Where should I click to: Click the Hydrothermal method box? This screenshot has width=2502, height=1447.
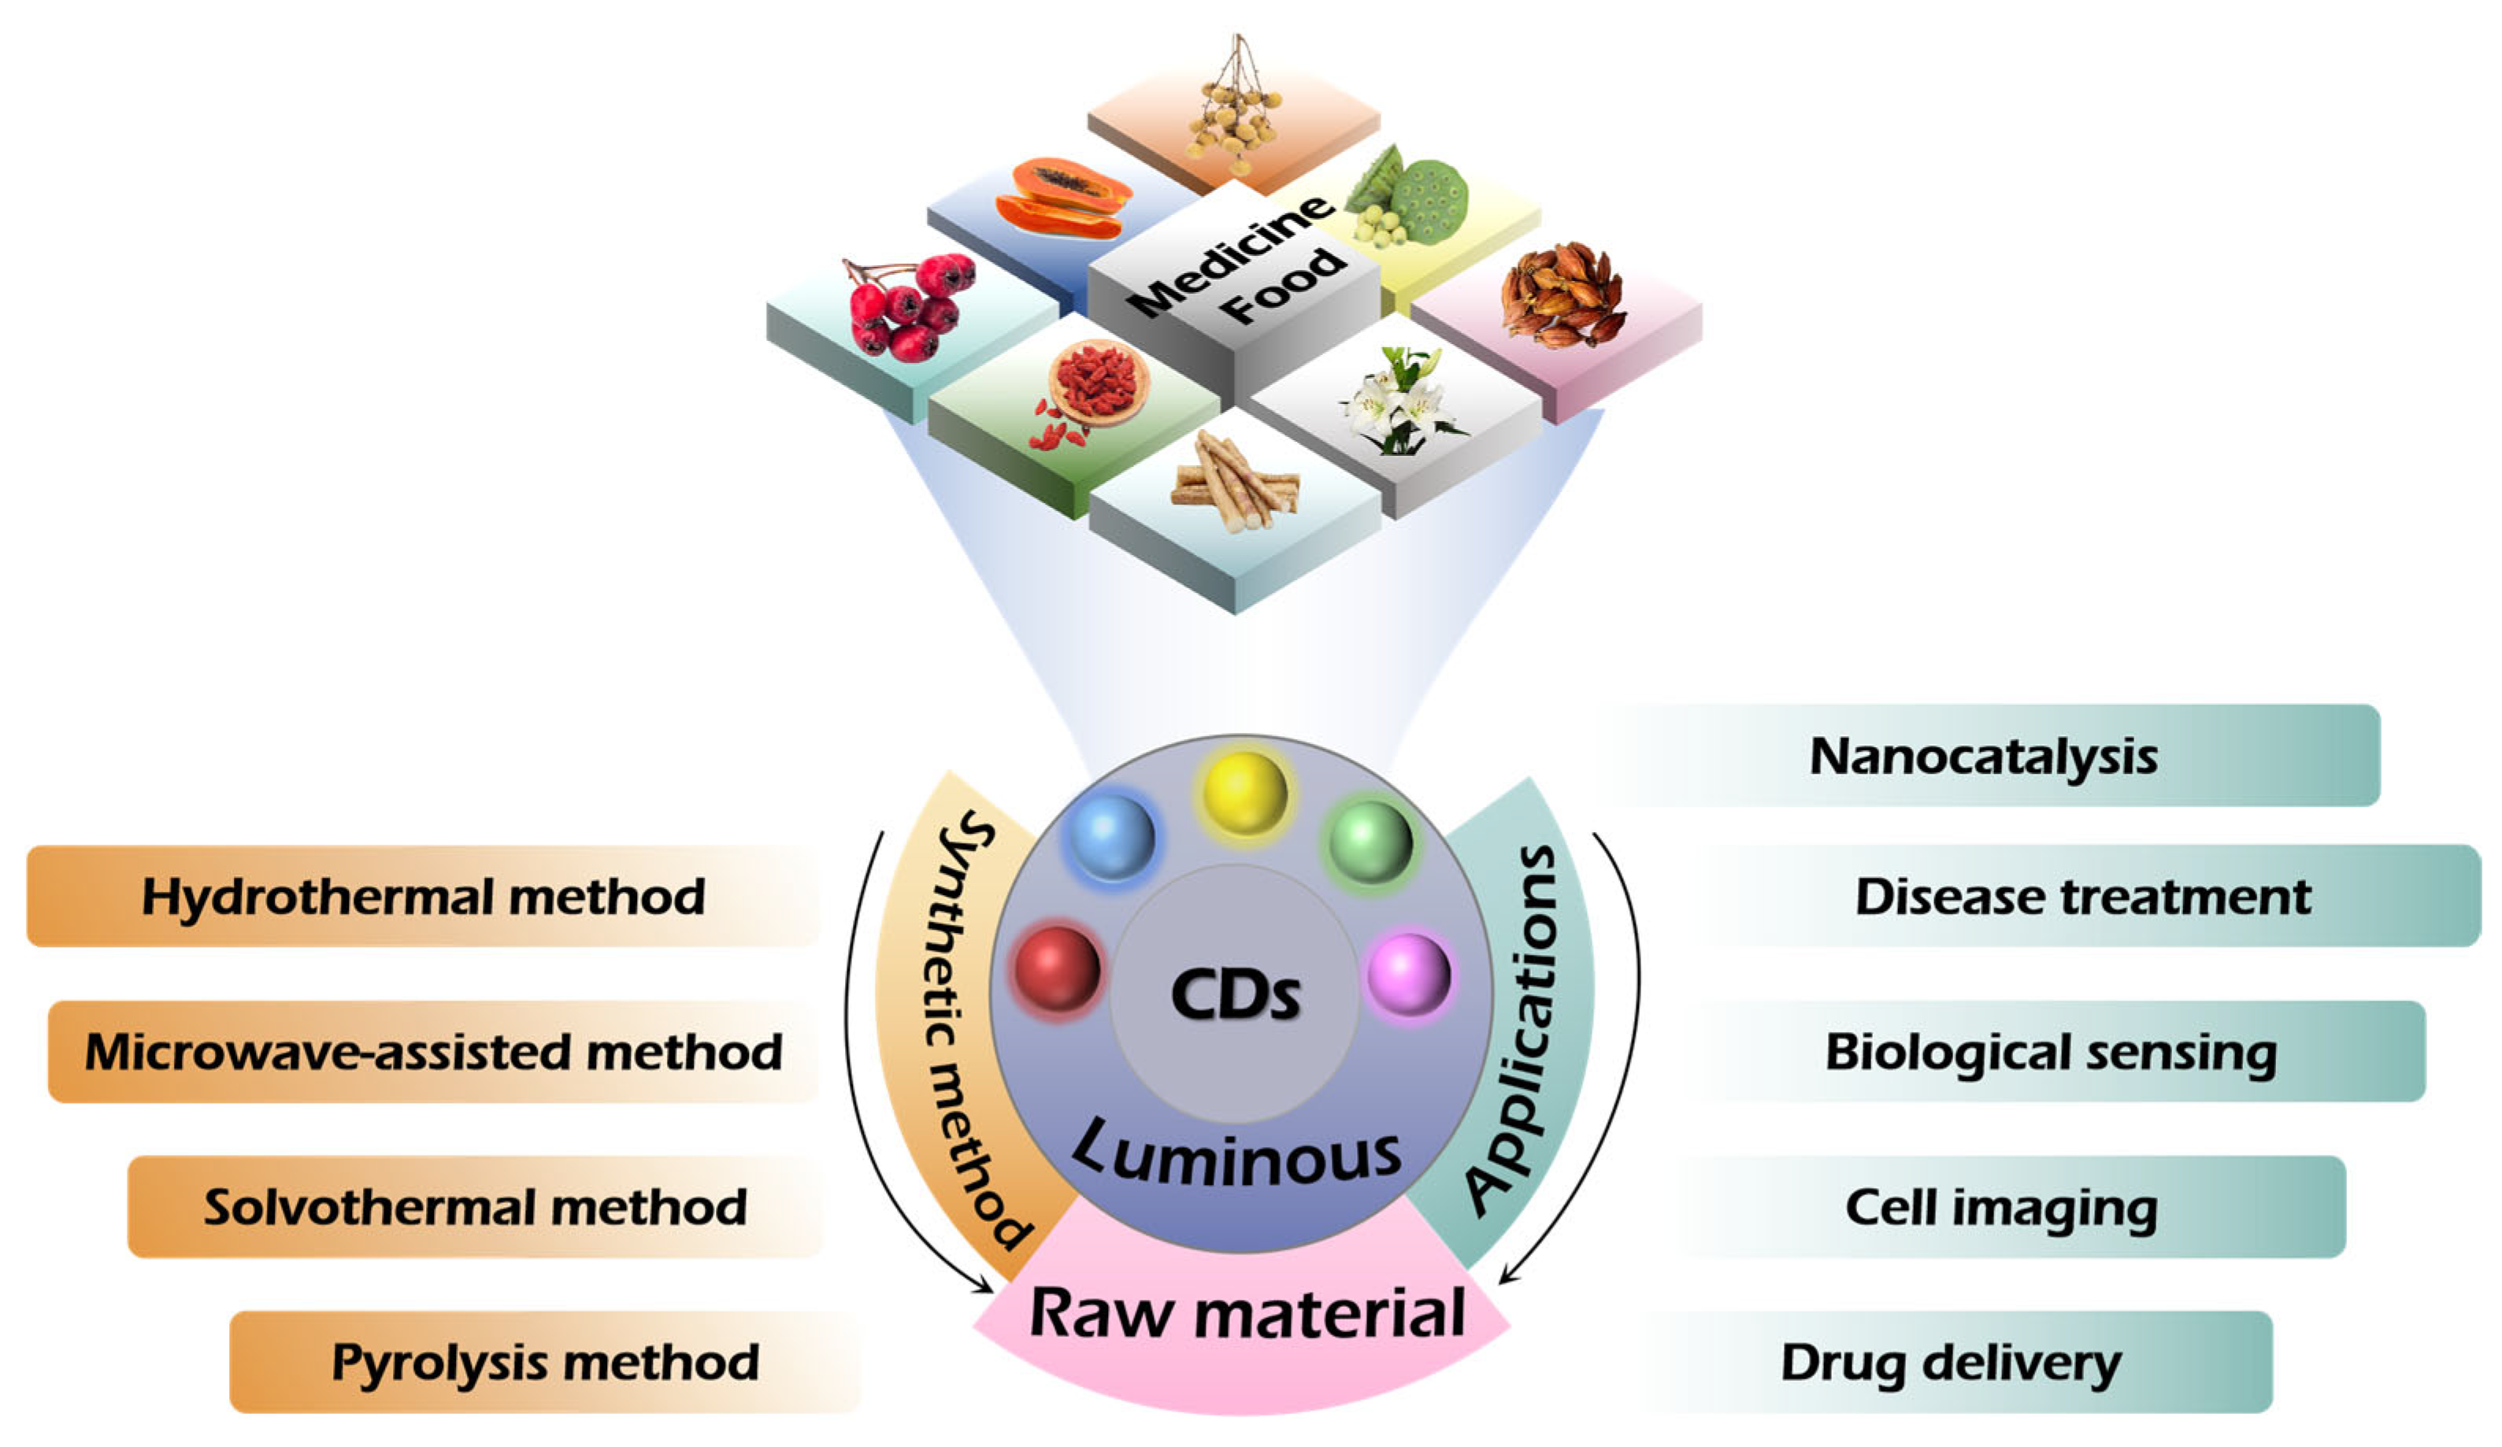click(423, 896)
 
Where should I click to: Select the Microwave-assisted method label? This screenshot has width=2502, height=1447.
click(433, 1052)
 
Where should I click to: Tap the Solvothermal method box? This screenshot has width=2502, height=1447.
click(475, 1207)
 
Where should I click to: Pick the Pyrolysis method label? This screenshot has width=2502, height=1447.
click(544, 1362)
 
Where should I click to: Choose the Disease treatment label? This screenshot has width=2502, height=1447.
click(2083, 896)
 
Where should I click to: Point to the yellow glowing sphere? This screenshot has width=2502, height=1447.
click(1245, 793)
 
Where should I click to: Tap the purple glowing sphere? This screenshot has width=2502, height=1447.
click(1409, 975)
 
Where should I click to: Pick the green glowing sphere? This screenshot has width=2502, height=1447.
click(1371, 842)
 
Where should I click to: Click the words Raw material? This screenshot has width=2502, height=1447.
click(1247, 1314)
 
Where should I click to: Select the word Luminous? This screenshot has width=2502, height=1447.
click(1237, 1157)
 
